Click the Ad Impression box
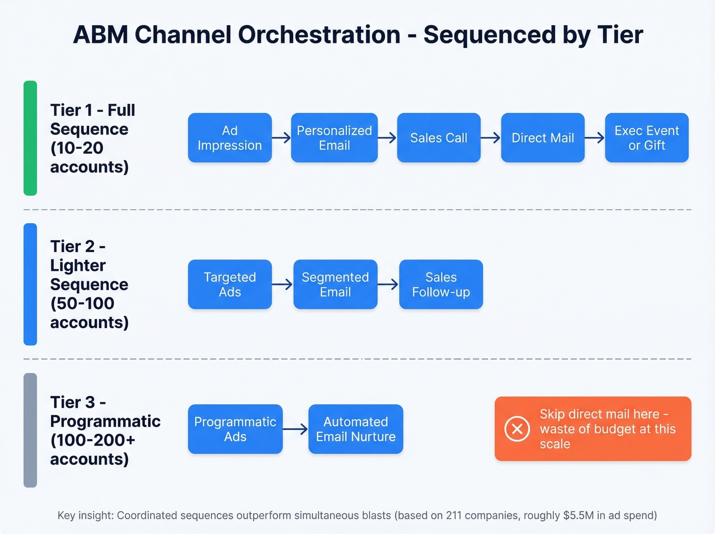230,138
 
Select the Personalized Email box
335,138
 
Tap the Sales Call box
439,138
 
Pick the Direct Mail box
543,138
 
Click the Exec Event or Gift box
647,138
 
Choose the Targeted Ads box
230,285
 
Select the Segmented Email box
335,285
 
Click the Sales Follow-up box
441,285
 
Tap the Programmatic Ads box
235,429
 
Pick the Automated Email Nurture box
355,429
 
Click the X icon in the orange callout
517,429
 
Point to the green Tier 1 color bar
30,138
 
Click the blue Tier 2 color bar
30,284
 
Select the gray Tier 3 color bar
30,430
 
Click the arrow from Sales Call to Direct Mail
491,137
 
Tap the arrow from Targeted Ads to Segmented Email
282,284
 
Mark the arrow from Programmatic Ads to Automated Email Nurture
295,429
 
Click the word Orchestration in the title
319,35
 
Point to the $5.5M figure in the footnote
579,515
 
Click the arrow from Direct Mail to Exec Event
594,137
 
